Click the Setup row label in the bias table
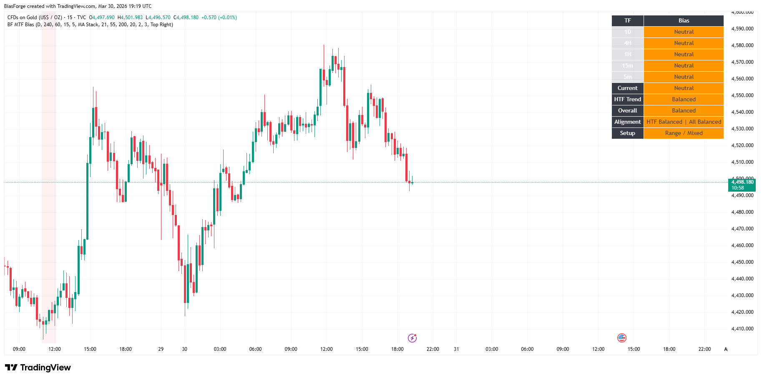pos(627,133)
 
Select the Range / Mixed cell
pos(684,133)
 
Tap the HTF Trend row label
pos(627,100)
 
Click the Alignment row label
pos(627,122)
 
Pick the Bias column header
pos(684,21)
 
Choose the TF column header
pos(627,21)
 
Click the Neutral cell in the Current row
pos(684,88)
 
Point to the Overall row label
pos(627,111)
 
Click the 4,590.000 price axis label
pos(742,29)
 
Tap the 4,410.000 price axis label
pos(742,329)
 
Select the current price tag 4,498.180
pos(742,182)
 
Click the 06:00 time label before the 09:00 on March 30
pos(255,349)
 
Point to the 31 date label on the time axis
pos(456,349)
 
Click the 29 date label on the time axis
pos(161,349)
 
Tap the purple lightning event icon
pos(412,338)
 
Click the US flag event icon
pos(622,338)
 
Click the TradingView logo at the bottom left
pos(38,367)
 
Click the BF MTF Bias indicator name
pos(21,25)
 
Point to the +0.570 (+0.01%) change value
pos(219,17)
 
